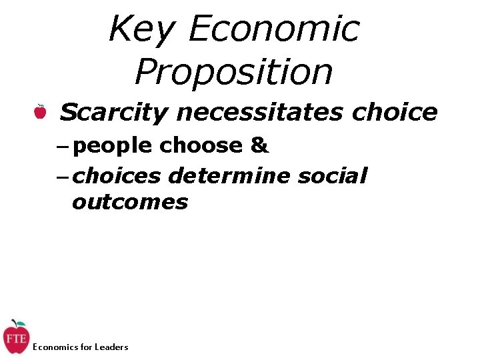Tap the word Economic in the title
(x=274, y=29)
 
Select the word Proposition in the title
(x=233, y=72)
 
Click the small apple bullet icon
(x=41, y=112)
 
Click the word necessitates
(x=259, y=112)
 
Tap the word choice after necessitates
(x=395, y=112)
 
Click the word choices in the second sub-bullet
(x=117, y=176)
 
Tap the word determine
(x=229, y=176)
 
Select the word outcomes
(x=130, y=201)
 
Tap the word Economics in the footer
(x=54, y=347)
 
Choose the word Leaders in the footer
(x=111, y=347)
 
